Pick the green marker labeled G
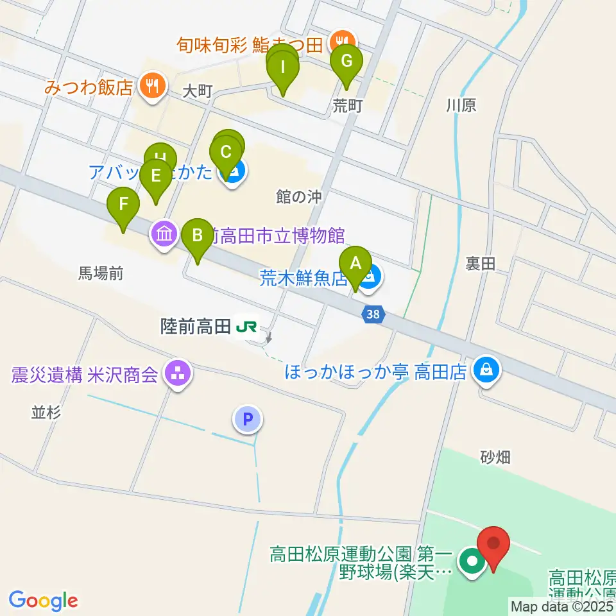point(346,62)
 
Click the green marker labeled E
point(155,175)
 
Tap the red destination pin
point(494,544)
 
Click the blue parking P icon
point(248,420)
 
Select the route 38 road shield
point(373,314)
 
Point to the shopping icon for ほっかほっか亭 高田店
point(487,370)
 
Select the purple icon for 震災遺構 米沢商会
point(177,373)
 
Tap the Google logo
point(43,600)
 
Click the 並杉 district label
point(46,413)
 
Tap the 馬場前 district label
point(101,274)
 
